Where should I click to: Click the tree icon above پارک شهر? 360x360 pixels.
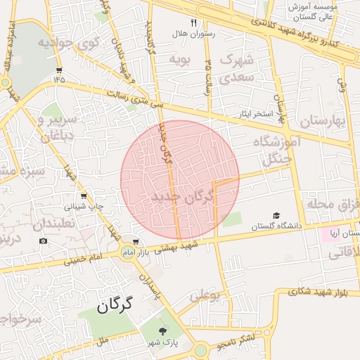[164, 330]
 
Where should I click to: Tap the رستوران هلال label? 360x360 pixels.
[193, 33]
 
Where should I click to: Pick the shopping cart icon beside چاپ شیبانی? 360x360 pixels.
[84, 196]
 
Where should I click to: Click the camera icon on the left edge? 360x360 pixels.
[44, 241]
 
